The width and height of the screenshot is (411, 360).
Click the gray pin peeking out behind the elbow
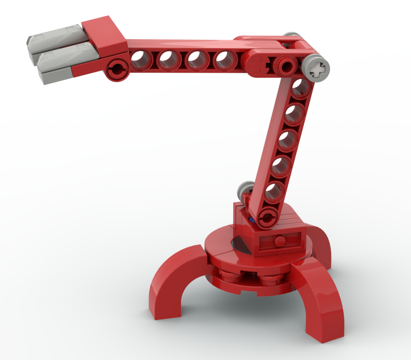click(292, 35)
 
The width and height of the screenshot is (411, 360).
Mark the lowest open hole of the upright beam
click(273, 192)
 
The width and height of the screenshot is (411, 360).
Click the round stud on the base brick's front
click(280, 241)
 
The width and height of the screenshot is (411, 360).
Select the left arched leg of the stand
click(176, 279)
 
